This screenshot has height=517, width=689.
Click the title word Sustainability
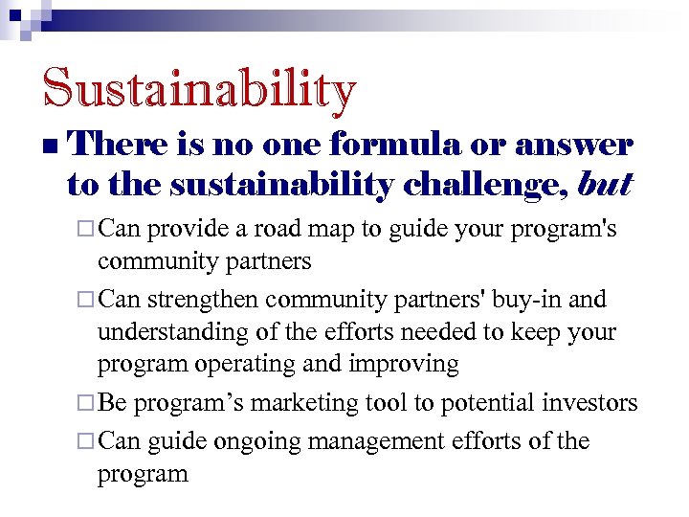pos(199,89)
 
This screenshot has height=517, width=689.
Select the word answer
pos(574,145)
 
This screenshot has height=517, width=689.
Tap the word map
pos(352,231)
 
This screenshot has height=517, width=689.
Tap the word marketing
pos(308,403)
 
